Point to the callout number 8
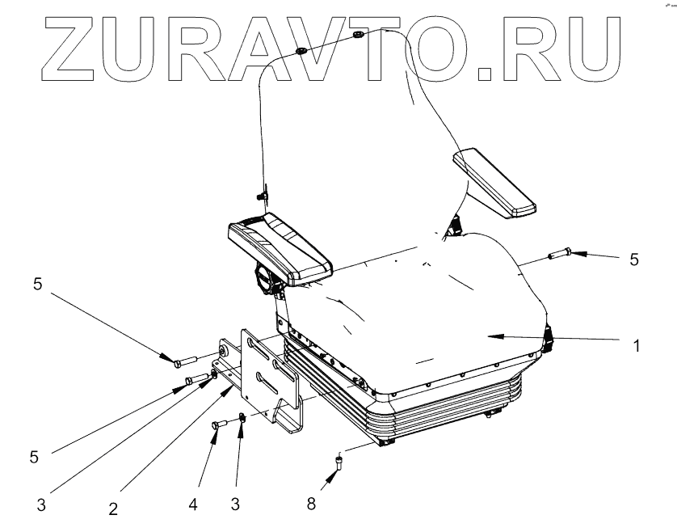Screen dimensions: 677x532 click(311, 504)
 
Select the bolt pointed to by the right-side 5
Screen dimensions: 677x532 click(559, 254)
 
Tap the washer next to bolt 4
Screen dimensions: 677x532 click(242, 419)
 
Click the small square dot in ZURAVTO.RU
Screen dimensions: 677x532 click(482, 75)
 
